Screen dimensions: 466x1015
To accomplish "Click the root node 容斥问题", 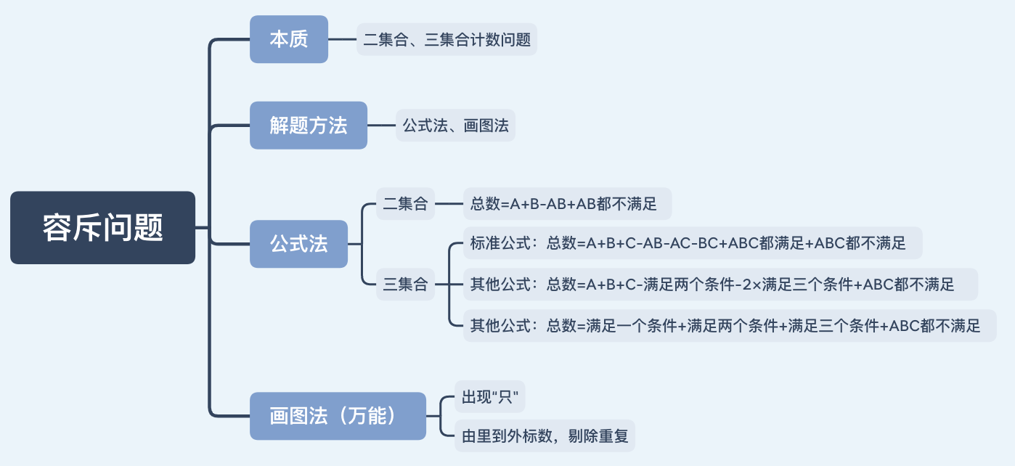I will [x=102, y=227].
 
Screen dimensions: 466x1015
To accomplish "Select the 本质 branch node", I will [x=289, y=39].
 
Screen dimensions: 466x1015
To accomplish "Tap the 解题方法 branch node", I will [x=309, y=126].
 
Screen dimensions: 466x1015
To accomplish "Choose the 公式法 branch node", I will [x=298, y=244].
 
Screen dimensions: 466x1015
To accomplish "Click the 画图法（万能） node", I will [x=338, y=416].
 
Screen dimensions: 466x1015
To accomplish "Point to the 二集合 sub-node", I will [x=405, y=204].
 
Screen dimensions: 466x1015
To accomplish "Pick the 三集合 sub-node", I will [x=405, y=284].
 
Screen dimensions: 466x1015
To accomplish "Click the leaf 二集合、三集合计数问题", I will [x=447, y=39].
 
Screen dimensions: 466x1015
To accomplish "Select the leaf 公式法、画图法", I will [x=455, y=126].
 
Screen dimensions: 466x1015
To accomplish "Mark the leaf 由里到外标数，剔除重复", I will [x=545, y=437].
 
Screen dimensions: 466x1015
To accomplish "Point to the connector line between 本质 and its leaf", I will [x=342, y=39].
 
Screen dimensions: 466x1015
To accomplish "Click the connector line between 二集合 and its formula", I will [x=449, y=204].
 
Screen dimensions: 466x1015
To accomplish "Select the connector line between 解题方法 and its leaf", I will [x=381, y=126].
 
